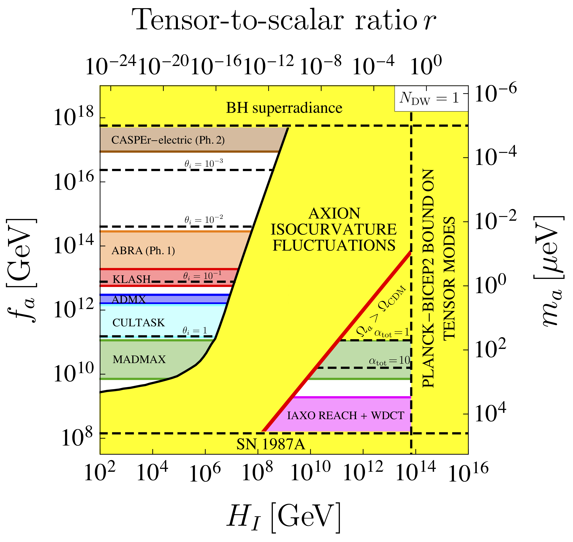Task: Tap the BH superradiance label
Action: [x=284, y=108]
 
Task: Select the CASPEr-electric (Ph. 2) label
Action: [x=168, y=140]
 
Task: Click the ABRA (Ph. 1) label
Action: [x=143, y=250]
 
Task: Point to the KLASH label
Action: [x=131, y=279]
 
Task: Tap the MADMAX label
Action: [x=139, y=359]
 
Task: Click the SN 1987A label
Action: [x=271, y=444]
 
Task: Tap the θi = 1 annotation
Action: [x=195, y=331]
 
